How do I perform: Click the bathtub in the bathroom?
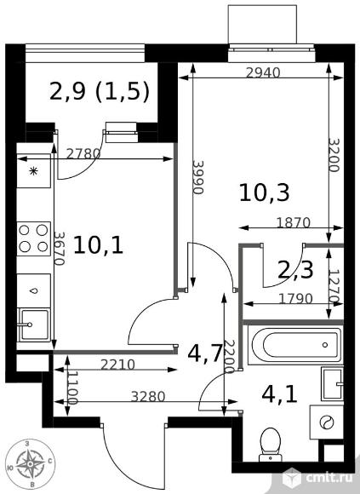(x=295, y=345)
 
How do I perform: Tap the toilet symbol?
(x=271, y=445)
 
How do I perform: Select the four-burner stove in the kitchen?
(x=33, y=238)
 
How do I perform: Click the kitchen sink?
(x=34, y=325)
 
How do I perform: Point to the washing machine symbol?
(x=326, y=422)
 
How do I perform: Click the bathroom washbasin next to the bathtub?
(x=332, y=384)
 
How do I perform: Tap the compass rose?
(x=30, y=463)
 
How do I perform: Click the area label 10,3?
(x=264, y=192)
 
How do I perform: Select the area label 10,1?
(x=98, y=245)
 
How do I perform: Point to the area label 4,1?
(x=279, y=394)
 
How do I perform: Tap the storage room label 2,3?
(x=295, y=270)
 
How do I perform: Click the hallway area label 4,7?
(x=205, y=353)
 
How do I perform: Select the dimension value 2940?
(x=263, y=73)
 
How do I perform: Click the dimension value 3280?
(x=148, y=397)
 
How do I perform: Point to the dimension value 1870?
(x=294, y=223)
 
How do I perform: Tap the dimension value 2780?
(x=83, y=154)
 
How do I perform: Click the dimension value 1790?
(x=295, y=298)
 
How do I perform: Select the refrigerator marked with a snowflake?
(x=33, y=171)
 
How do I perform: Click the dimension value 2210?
(x=117, y=365)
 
